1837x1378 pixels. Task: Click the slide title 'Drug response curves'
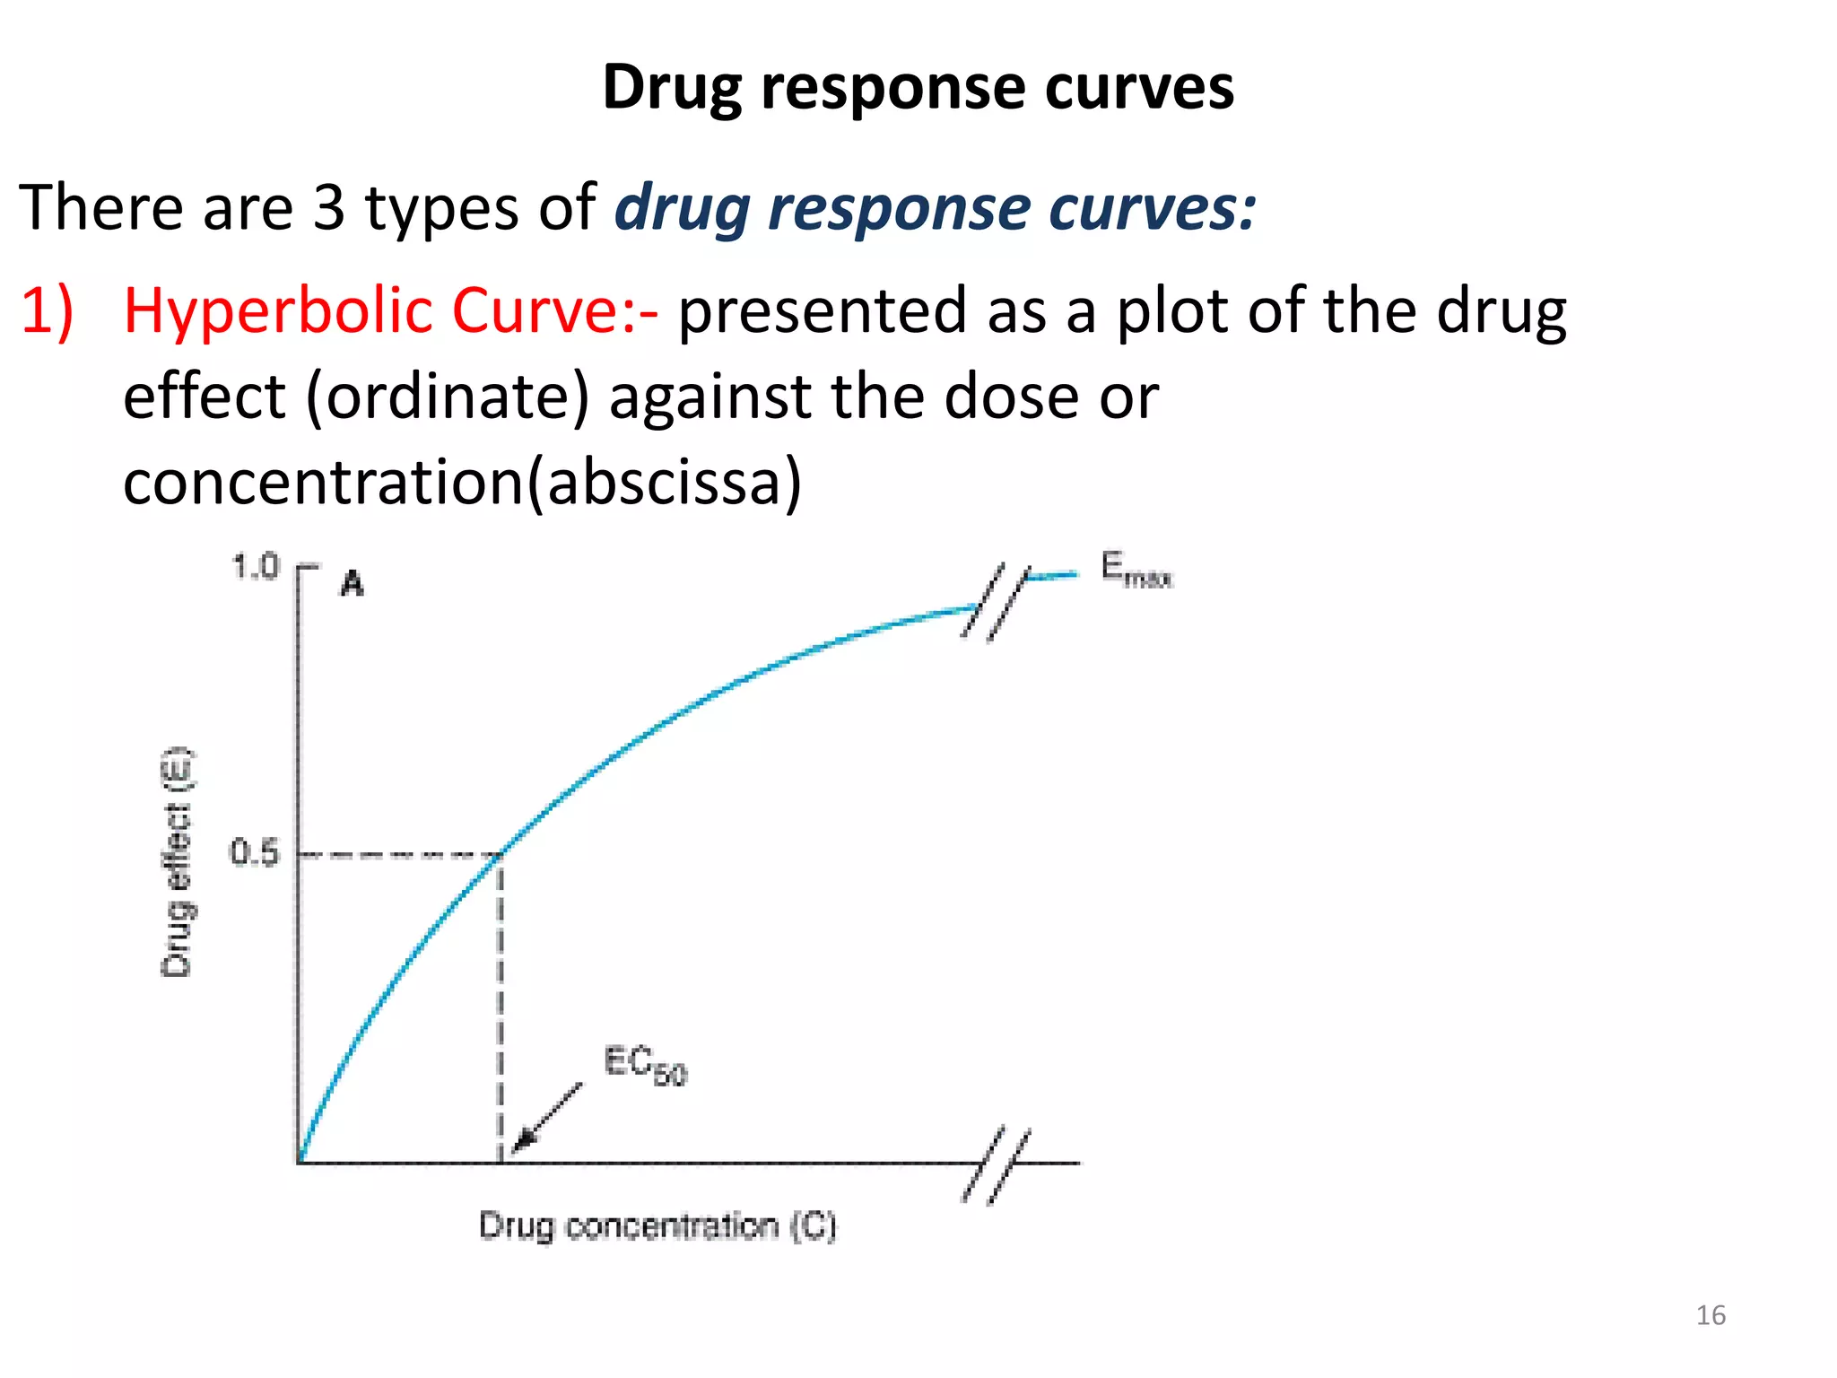pyautogui.click(x=918, y=88)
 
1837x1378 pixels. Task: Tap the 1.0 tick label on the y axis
pyautogui.click(x=256, y=567)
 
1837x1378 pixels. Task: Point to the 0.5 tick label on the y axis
pyautogui.click(x=255, y=852)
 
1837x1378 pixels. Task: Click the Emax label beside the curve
pyautogui.click(x=1136, y=571)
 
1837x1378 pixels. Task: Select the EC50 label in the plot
pyautogui.click(x=645, y=1065)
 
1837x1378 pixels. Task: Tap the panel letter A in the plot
pyautogui.click(x=353, y=584)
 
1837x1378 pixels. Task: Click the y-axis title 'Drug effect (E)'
pyautogui.click(x=177, y=862)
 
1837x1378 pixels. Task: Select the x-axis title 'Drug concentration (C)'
pyautogui.click(x=657, y=1225)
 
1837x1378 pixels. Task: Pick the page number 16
pyautogui.click(x=1711, y=1315)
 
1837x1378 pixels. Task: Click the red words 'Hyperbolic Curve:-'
pyautogui.click(x=390, y=310)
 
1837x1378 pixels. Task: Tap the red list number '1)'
pyautogui.click(x=47, y=310)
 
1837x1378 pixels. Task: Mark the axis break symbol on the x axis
pyautogui.click(x=997, y=1164)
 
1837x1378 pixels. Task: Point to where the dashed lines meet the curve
pyautogui.click(x=501, y=853)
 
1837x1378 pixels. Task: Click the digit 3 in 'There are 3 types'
pyautogui.click(x=328, y=208)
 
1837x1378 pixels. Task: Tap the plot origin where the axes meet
pyautogui.click(x=299, y=1164)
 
